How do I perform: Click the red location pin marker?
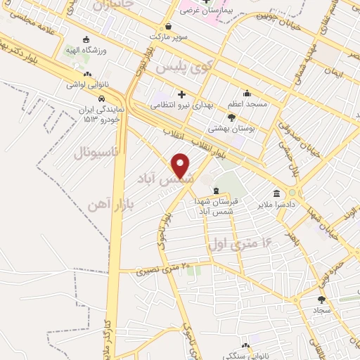click(x=181, y=166)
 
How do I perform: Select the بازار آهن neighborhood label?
click(x=112, y=203)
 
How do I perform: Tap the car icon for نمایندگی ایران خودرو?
click(x=103, y=97)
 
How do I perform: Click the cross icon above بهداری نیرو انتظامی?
click(x=182, y=94)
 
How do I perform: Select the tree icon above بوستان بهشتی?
click(x=231, y=119)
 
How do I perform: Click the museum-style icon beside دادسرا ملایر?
click(x=276, y=193)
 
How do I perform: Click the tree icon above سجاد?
click(x=321, y=299)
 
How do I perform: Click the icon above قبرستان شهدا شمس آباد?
click(x=217, y=191)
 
